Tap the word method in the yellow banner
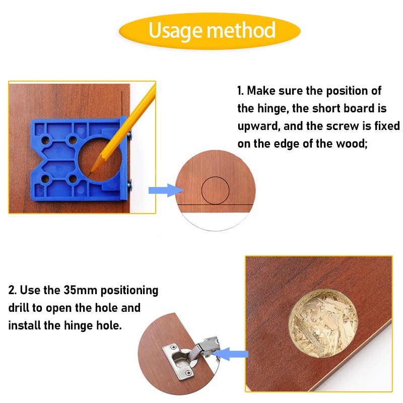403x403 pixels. click(x=241, y=30)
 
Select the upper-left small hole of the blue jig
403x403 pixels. click(x=45, y=141)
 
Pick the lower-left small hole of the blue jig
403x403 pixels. click(x=45, y=179)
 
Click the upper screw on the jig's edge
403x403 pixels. click(x=129, y=135)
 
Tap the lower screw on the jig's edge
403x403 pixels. click(x=130, y=185)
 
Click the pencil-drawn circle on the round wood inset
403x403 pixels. click(x=215, y=177)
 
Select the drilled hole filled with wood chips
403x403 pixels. click(x=323, y=323)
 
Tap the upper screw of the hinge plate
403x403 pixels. click(x=173, y=348)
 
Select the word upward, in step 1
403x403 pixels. click(x=259, y=126)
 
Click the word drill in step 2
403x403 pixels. click(x=19, y=308)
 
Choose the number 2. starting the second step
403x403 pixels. click(x=12, y=290)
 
